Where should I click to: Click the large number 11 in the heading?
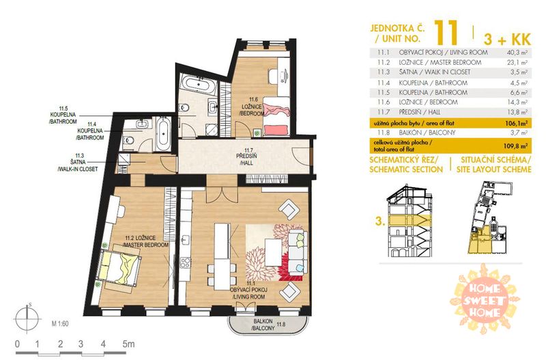(x=446, y=32)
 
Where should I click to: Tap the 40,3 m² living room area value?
(x=517, y=53)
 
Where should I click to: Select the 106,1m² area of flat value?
(x=517, y=123)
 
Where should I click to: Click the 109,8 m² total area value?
(x=516, y=146)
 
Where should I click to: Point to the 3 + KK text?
(x=507, y=40)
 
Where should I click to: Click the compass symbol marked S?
(x=27, y=318)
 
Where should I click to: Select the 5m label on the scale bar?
(x=128, y=344)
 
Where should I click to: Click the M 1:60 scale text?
(x=60, y=324)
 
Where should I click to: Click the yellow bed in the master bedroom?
(x=119, y=267)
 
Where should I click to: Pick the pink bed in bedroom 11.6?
(x=276, y=116)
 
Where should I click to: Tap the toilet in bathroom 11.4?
(x=129, y=140)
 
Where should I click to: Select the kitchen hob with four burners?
(x=185, y=263)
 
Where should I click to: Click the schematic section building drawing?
(x=409, y=220)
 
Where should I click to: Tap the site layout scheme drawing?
(x=491, y=217)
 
